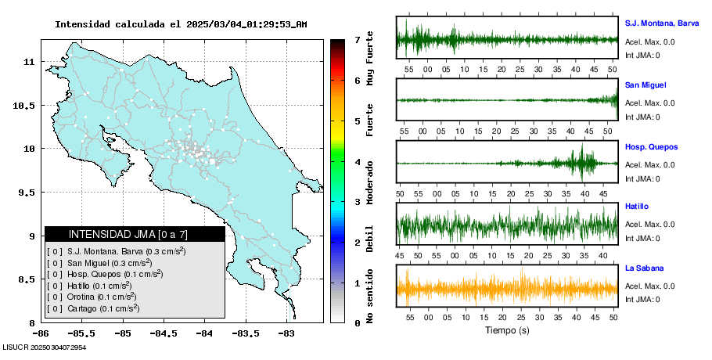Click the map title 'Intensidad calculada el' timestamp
tap(180, 24)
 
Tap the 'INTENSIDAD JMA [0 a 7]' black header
tap(135, 234)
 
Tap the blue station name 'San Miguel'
tap(645, 85)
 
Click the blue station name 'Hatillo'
tap(638, 206)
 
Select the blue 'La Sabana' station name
tap(643, 268)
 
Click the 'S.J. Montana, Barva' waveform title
tap(661, 23)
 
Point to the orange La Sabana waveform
tap(506, 289)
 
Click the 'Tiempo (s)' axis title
tap(507, 330)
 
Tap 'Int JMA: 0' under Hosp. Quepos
tap(642, 178)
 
